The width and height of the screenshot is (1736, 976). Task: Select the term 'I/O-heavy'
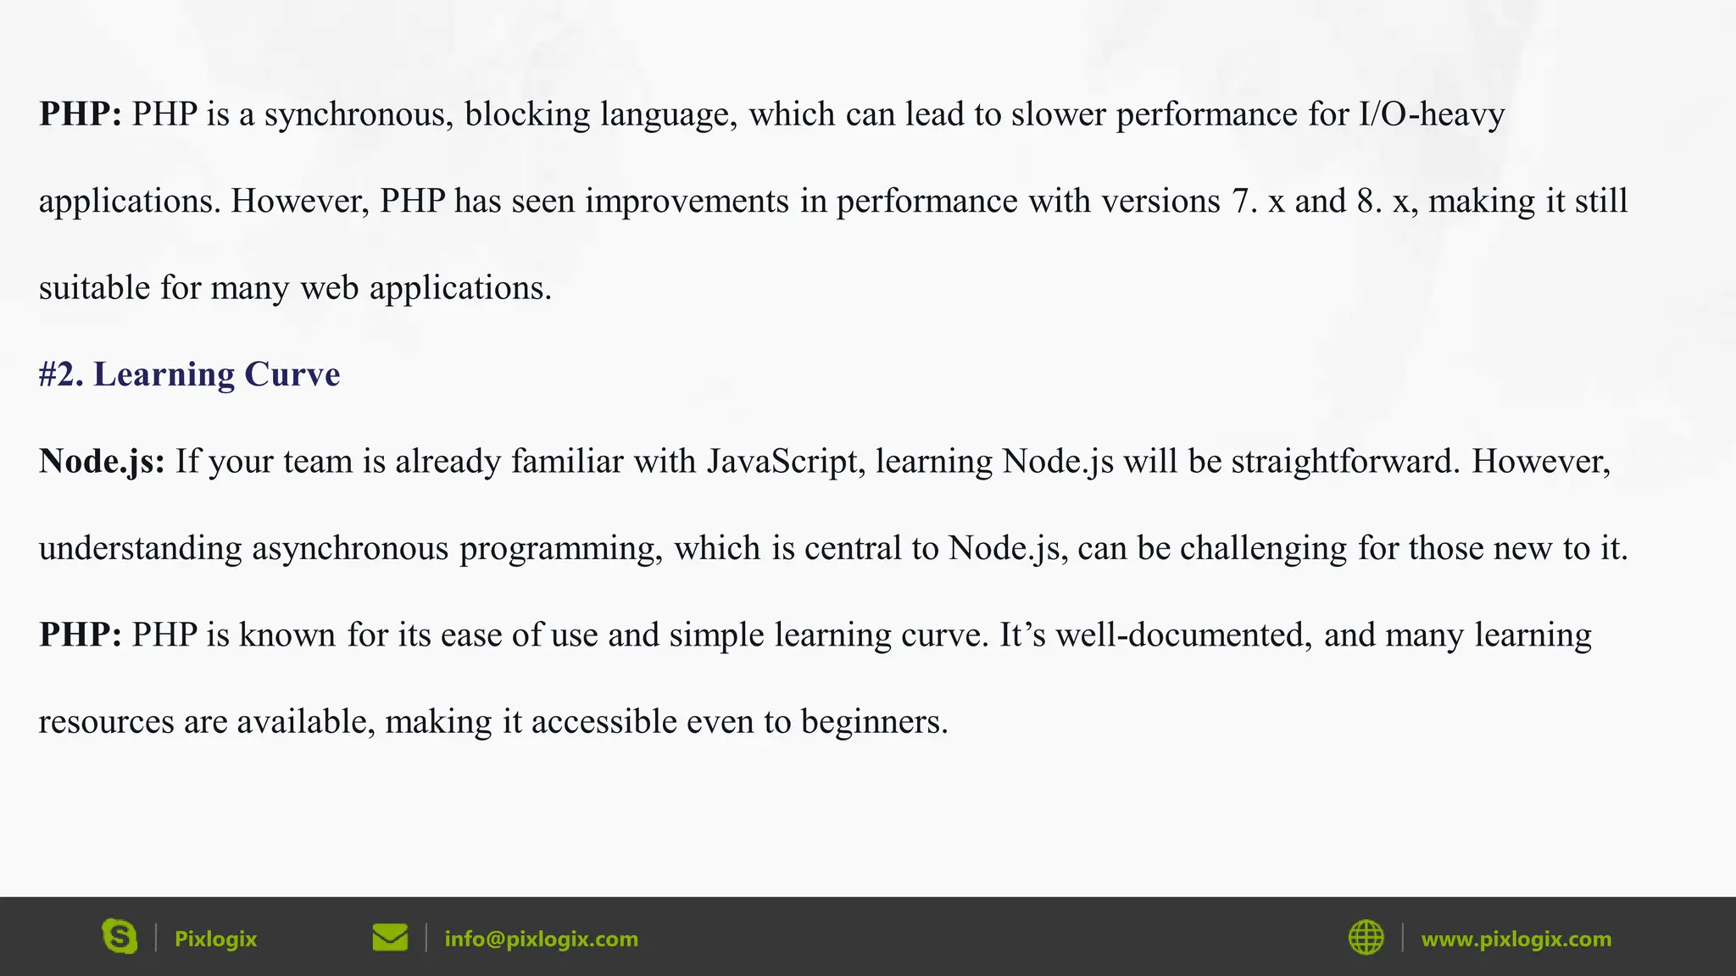1432,114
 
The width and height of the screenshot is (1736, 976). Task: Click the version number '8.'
1370,202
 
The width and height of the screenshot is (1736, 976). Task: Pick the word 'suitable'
94,288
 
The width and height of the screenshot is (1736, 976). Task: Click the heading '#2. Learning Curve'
189,374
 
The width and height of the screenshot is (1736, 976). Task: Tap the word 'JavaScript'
786,462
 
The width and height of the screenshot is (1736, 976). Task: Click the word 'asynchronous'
350,548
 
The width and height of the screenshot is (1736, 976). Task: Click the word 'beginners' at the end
874,722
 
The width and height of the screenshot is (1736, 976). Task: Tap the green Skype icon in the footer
120,937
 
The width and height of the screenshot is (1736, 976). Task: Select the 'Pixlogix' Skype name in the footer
215,939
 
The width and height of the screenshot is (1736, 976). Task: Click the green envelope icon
390,937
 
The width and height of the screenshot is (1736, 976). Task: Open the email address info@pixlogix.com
541,939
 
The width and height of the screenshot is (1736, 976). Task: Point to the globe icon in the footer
1366,937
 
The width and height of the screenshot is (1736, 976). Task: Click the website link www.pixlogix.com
1516,939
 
